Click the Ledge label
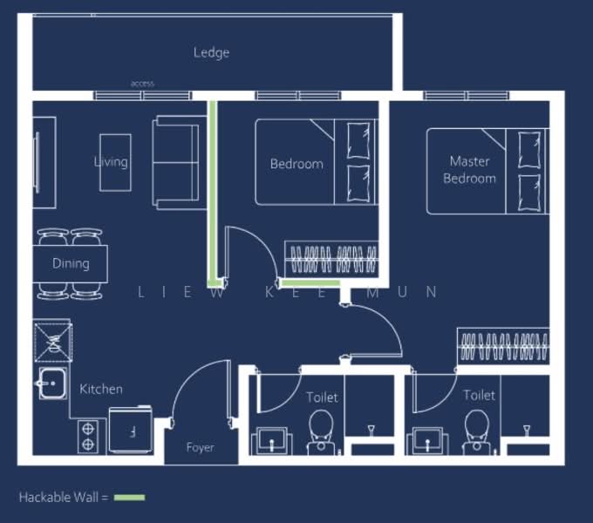pyautogui.click(x=211, y=52)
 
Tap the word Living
pyautogui.click(x=111, y=161)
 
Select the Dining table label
pyautogui.click(x=71, y=263)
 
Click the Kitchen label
pyautogui.click(x=101, y=389)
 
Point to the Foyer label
pyautogui.click(x=200, y=447)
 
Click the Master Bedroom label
pyautogui.click(x=469, y=169)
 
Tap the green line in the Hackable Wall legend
pyautogui.click(x=130, y=497)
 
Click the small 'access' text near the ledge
pyautogui.click(x=142, y=84)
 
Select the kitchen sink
pyautogui.click(x=51, y=384)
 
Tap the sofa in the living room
pyautogui.click(x=174, y=162)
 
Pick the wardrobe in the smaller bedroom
pyautogui.click(x=332, y=260)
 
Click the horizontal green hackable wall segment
pyautogui.click(x=310, y=282)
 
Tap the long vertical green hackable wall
pyautogui.click(x=212, y=192)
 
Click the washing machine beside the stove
pyautogui.click(x=131, y=431)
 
